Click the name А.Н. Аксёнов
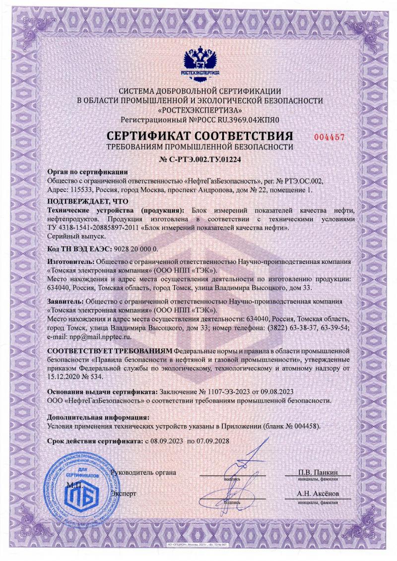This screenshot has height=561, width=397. [318, 494]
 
